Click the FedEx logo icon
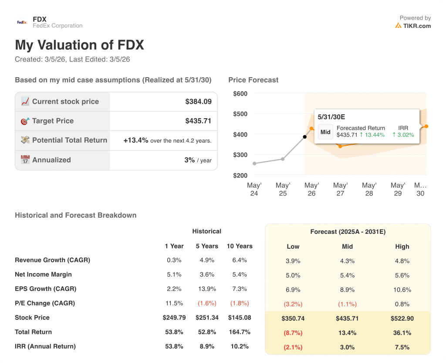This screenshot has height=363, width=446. tap(22, 22)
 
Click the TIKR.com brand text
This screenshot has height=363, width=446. tap(417, 26)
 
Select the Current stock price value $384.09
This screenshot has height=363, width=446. tap(198, 102)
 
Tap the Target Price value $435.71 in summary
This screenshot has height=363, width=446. tap(198, 121)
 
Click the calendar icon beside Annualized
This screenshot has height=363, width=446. tap(25, 160)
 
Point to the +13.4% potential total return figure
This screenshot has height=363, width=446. tap(136, 140)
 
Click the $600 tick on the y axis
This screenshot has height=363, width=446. tap(240, 93)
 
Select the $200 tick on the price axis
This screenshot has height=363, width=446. tap(240, 175)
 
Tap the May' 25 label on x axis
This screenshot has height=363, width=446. tap(283, 189)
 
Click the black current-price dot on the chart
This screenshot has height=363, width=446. tap(304, 137)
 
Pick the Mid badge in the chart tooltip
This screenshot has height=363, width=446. tap(325, 132)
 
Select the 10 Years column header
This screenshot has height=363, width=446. tap(240, 246)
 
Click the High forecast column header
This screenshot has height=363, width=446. tap(402, 247)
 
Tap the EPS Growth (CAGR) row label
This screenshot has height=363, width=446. tap(45, 289)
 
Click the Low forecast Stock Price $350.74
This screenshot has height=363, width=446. tap(293, 318)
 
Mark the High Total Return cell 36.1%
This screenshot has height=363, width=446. tap(402, 333)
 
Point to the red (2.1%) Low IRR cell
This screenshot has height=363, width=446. tap(293, 347)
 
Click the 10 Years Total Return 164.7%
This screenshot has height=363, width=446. tap(240, 332)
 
